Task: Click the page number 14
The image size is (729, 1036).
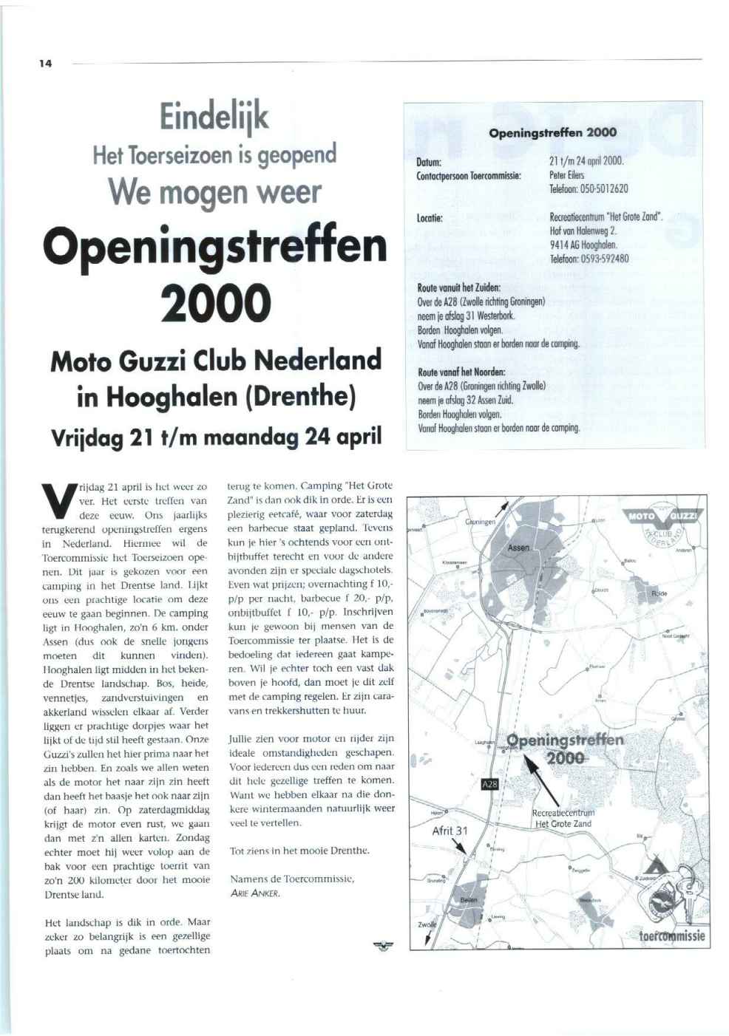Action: (x=46, y=64)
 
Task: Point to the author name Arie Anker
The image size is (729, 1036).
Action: (x=254, y=893)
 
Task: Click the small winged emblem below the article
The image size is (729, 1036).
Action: (x=384, y=944)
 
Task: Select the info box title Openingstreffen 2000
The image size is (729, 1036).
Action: (x=552, y=133)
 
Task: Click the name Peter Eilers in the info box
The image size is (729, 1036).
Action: (x=567, y=175)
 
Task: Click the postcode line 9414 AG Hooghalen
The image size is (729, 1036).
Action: (x=583, y=245)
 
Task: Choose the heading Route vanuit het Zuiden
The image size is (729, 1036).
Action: (x=459, y=287)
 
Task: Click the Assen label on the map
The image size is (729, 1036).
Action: (x=518, y=548)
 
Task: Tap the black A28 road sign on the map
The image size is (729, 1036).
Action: (x=489, y=783)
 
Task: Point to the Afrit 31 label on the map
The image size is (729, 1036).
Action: (x=450, y=830)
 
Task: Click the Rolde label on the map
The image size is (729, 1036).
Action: (x=660, y=593)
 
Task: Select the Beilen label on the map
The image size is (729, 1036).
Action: (x=469, y=900)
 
